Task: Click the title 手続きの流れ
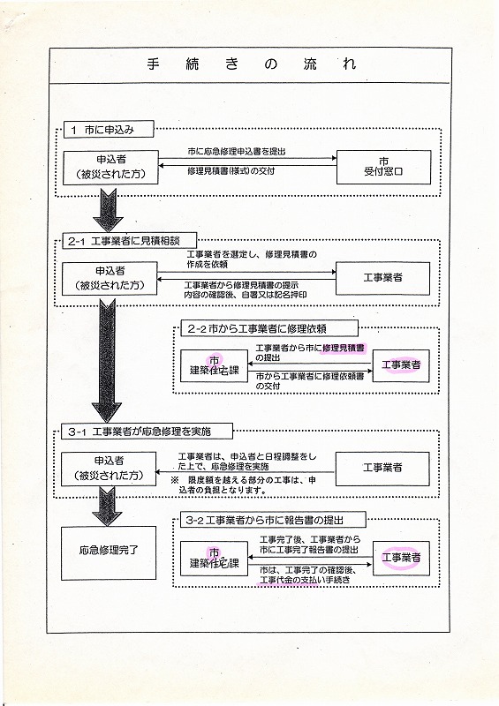[251, 64]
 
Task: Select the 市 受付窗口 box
[383, 167]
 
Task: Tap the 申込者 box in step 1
[111, 167]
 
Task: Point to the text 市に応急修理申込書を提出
[237, 151]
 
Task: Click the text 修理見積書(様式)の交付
[231, 171]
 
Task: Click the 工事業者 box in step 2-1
[382, 278]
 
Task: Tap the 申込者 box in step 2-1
[110, 278]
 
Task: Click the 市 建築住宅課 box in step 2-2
[214, 365]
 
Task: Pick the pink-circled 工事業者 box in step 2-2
[401, 365]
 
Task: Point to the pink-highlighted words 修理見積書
[344, 348]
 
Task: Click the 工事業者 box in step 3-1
[382, 469]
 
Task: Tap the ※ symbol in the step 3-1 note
[175, 480]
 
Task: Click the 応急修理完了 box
[109, 552]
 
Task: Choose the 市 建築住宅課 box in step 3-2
[214, 559]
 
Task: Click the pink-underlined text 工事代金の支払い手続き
[305, 580]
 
